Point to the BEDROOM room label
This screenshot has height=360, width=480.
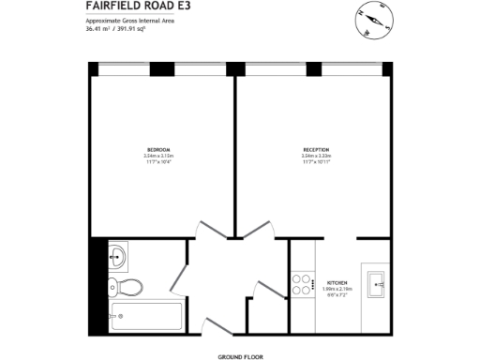[157, 150]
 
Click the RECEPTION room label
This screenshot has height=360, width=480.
[315, 150]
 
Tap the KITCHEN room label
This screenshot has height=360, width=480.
[337, 282]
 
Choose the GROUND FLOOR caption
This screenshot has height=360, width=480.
[239, 357]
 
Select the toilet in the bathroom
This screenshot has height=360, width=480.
[123, 287]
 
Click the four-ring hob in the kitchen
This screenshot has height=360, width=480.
[302, 284]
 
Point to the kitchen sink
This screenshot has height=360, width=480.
[380, 283]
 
